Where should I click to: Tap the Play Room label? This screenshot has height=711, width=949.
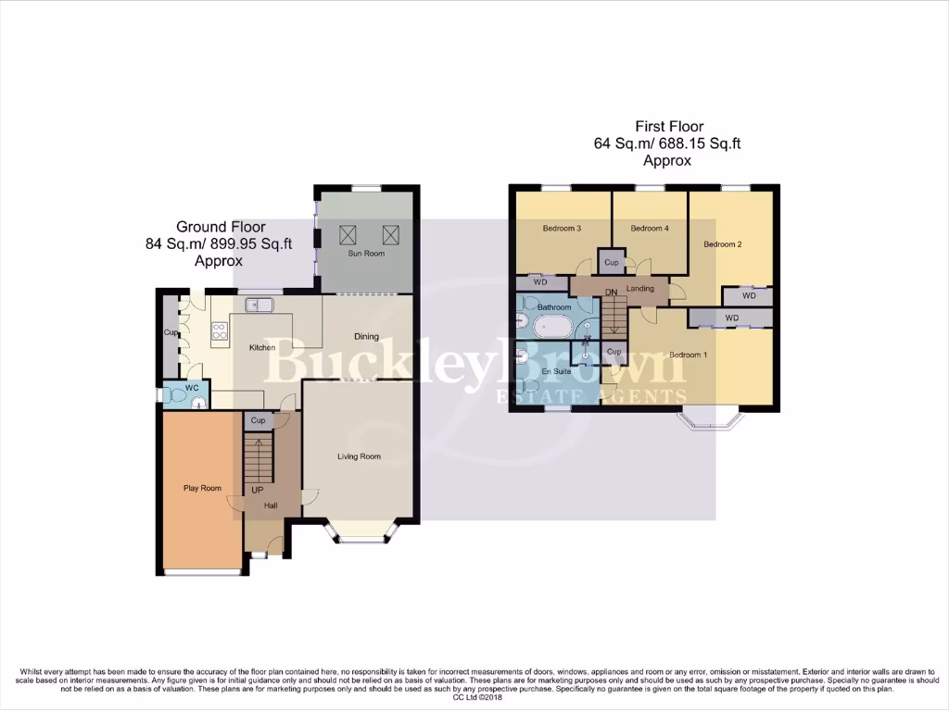click(x=203, y=488)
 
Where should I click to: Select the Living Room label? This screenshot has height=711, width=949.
click(x=359, y=456)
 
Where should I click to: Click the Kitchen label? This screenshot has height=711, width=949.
click(x=262, y=348)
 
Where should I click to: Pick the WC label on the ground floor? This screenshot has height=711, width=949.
click(x=193, y=387)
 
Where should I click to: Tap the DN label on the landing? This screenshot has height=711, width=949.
click(x=611, y=293)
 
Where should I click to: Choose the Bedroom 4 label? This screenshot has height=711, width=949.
click(x=649, y=228)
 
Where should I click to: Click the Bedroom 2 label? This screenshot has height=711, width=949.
click(x=723, y=244)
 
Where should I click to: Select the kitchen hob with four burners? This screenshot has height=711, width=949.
click(x=220, y=331)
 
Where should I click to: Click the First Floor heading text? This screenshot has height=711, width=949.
click(x=668, y=127)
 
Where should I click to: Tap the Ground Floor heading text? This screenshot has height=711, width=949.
click(x=221, y=227)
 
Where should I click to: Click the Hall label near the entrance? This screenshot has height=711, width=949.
click(x=271, y=505)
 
